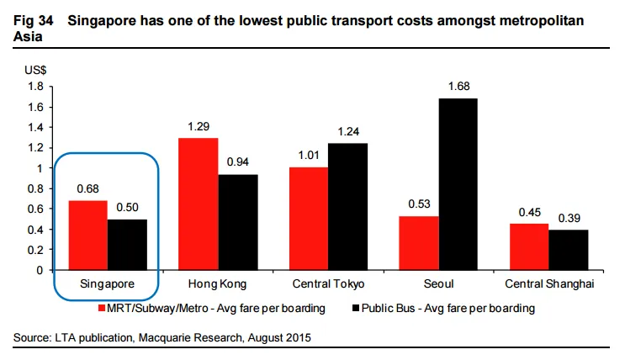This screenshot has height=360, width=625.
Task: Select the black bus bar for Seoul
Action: click(458, 184)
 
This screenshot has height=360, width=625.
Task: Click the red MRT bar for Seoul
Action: click(418, 243)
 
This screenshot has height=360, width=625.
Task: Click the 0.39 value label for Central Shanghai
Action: click(569, 218)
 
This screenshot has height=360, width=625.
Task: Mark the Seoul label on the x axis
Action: click(437, 284)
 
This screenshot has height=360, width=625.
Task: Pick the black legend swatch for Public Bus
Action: click(355, 309)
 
